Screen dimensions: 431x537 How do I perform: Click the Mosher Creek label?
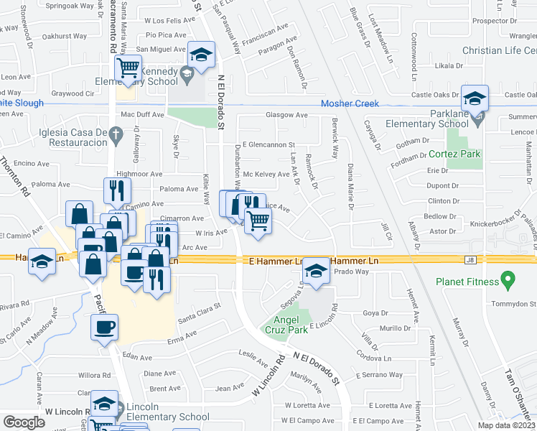pos(350,103)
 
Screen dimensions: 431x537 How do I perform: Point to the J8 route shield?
pos(471,259)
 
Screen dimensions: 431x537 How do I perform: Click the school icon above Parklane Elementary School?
pos(475,98)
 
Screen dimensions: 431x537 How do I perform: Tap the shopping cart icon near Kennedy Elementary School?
pos(129,68)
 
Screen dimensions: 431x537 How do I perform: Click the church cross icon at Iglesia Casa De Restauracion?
pos(116,133)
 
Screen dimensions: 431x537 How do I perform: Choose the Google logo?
pos(24,422)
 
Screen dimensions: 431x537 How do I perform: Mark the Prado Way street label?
pos(351,272)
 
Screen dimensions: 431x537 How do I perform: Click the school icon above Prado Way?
pos(314,270)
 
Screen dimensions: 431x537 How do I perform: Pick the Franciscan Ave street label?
pos(269,32)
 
